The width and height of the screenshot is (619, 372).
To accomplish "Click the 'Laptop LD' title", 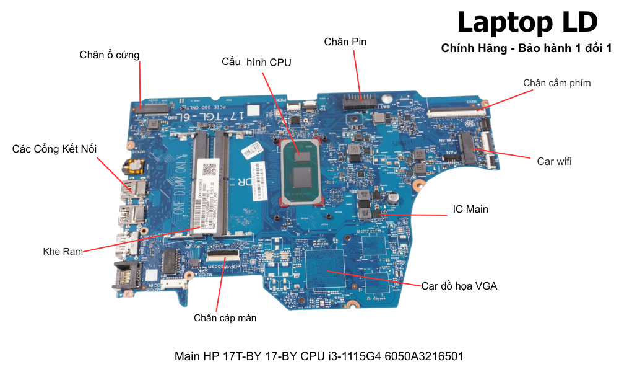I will [527, 22].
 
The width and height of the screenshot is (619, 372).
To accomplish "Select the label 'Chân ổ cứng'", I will [110, 55].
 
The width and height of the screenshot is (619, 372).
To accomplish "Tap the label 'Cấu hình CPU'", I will [256, 62].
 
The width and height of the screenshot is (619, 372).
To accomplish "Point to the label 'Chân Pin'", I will [345, 42].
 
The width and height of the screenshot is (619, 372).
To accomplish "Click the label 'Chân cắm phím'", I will [556, 83].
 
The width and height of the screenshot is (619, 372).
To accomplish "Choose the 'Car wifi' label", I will [554, 161].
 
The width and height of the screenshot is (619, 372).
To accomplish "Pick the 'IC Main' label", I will [470, 209].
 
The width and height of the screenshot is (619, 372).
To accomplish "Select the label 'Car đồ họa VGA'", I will [459, 286].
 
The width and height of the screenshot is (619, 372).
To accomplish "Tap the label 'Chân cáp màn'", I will [225, 318].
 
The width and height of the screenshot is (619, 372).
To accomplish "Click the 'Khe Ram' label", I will [63, 252].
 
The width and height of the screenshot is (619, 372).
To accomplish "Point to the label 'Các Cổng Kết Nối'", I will [54, 149].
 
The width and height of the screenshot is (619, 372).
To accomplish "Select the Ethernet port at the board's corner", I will [123, 275].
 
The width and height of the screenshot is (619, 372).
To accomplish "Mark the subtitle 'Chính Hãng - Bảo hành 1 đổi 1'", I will [526, 48].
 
